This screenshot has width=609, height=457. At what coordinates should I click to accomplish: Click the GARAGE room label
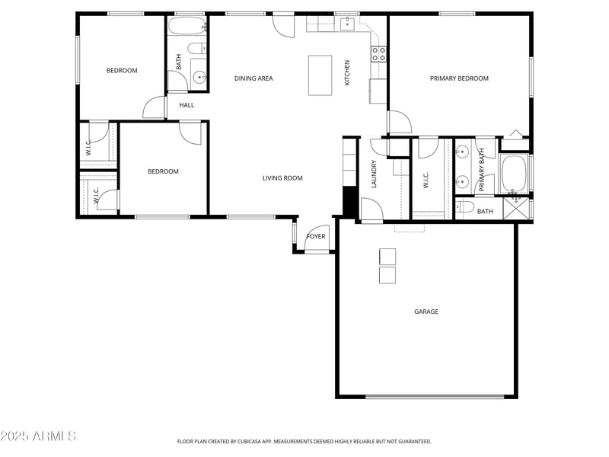point(426,312)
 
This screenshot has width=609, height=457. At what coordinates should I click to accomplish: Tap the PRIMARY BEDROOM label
point(459,78)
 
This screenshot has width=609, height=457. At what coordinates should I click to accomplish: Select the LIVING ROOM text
point(282,178)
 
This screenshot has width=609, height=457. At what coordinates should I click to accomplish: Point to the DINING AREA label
point(253,78)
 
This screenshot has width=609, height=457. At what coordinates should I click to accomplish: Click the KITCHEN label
point(348,72)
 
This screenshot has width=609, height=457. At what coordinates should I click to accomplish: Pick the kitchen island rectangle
point(320,75)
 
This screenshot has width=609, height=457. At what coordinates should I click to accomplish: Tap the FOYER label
point(315,237)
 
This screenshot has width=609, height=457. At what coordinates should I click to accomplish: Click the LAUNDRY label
point(375,174)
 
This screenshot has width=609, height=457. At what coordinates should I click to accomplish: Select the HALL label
point(187,105)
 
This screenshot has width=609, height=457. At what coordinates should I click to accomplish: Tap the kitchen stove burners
point(378,53)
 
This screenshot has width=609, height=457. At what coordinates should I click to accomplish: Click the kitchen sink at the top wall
point(347,24)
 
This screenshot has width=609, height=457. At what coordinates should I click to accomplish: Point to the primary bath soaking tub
point(514,174)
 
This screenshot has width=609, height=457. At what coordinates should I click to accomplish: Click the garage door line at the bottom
point(435,396)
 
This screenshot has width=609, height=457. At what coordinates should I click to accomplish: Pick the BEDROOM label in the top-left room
point(122,71)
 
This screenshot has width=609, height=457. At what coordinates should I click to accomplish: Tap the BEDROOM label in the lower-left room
point(163,171)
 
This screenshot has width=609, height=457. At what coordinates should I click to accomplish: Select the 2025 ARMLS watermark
point(38,436)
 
